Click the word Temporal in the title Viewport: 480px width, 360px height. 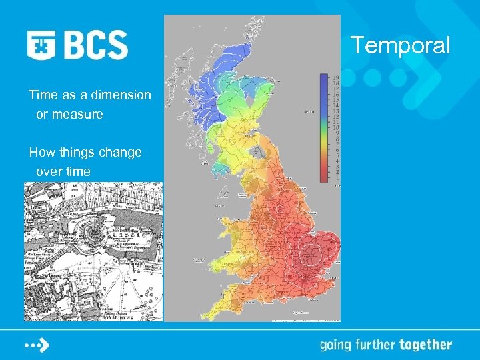401,45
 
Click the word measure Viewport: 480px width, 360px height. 79,114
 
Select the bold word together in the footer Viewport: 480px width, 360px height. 425,345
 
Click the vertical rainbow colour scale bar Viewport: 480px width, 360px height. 324,127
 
